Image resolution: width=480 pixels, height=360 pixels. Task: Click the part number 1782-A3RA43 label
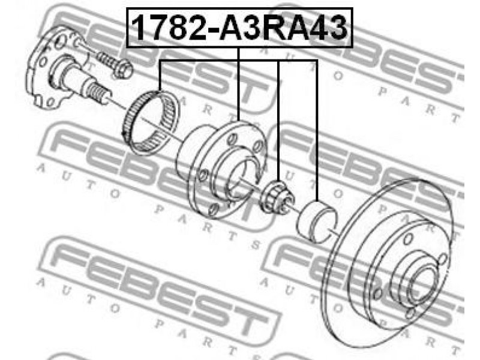[239, 28]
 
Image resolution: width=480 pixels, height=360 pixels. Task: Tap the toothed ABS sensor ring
[149, 122]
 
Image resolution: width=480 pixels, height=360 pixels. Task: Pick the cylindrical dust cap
[317, 221]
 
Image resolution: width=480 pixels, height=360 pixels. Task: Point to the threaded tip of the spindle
[98, 93]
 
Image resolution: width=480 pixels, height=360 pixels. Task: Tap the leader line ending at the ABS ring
[160, 76]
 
